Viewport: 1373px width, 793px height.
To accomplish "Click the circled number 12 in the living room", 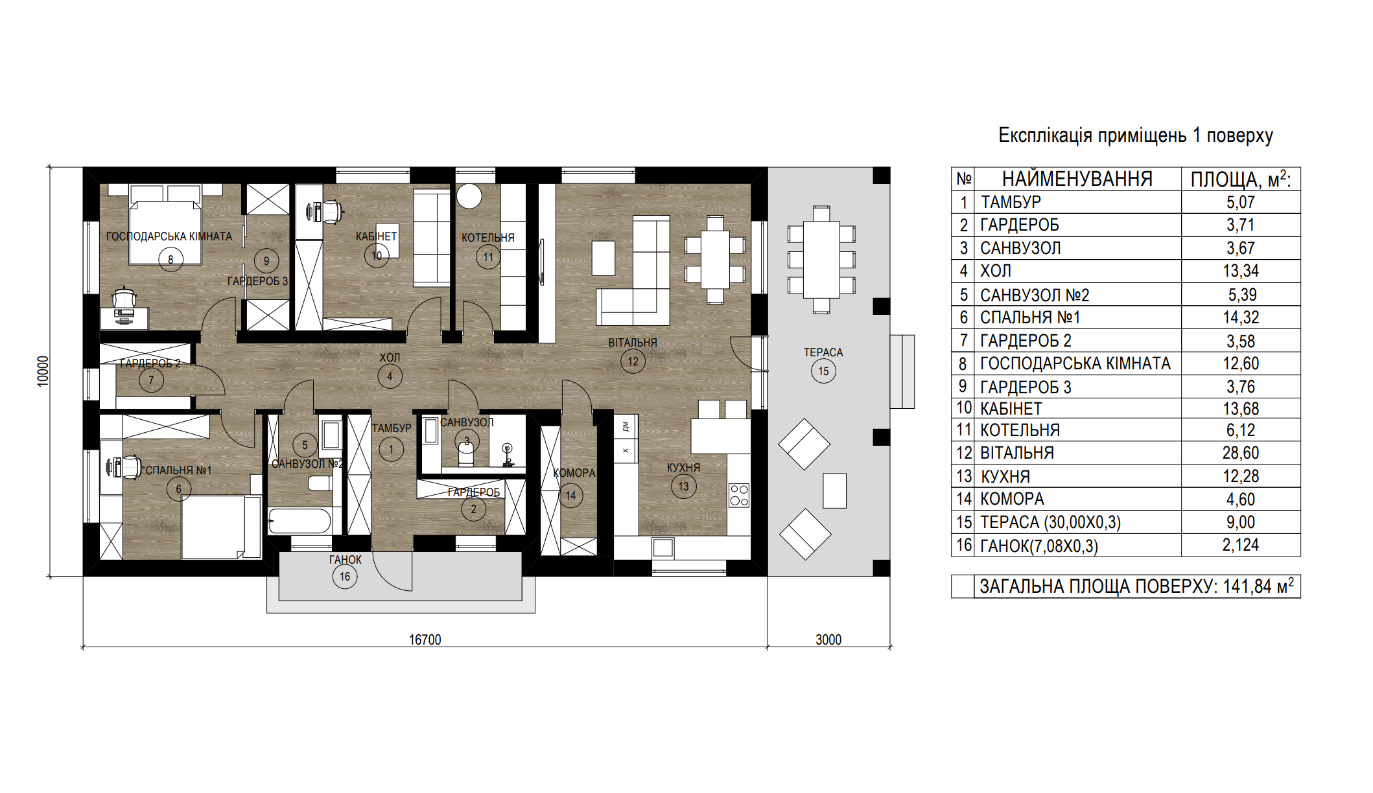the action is [633, 362].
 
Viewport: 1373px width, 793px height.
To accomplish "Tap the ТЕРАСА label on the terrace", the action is [823, 352].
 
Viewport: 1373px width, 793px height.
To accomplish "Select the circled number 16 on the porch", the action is [344, 577].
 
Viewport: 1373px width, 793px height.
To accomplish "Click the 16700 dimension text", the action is [425, 639].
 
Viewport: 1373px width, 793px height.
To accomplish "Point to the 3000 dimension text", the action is [828, 639].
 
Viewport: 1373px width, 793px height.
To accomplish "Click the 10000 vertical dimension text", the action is [43, 371].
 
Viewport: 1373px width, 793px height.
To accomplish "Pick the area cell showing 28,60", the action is [1241, 453].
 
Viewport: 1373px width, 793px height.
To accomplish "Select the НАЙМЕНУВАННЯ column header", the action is [1077, 179].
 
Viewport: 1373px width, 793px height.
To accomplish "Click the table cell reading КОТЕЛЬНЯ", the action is [1020, 430].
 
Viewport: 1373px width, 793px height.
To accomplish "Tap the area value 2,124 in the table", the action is [1241, 545].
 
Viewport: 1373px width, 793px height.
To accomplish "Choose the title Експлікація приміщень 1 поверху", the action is [1136, 135].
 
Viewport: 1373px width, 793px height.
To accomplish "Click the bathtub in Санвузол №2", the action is [299, 521].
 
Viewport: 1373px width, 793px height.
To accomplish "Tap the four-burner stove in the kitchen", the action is [739, 495].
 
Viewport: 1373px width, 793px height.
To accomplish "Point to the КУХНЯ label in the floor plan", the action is [683, 468].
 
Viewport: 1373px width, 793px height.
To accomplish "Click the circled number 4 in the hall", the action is [390, 376].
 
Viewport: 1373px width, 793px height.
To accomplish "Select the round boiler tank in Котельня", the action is [469, 196].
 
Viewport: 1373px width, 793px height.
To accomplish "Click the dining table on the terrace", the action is [821, 259].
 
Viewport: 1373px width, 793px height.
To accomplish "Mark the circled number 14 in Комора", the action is [570, 496].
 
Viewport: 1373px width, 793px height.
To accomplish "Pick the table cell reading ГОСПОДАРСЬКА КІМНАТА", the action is [1075, 363].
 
